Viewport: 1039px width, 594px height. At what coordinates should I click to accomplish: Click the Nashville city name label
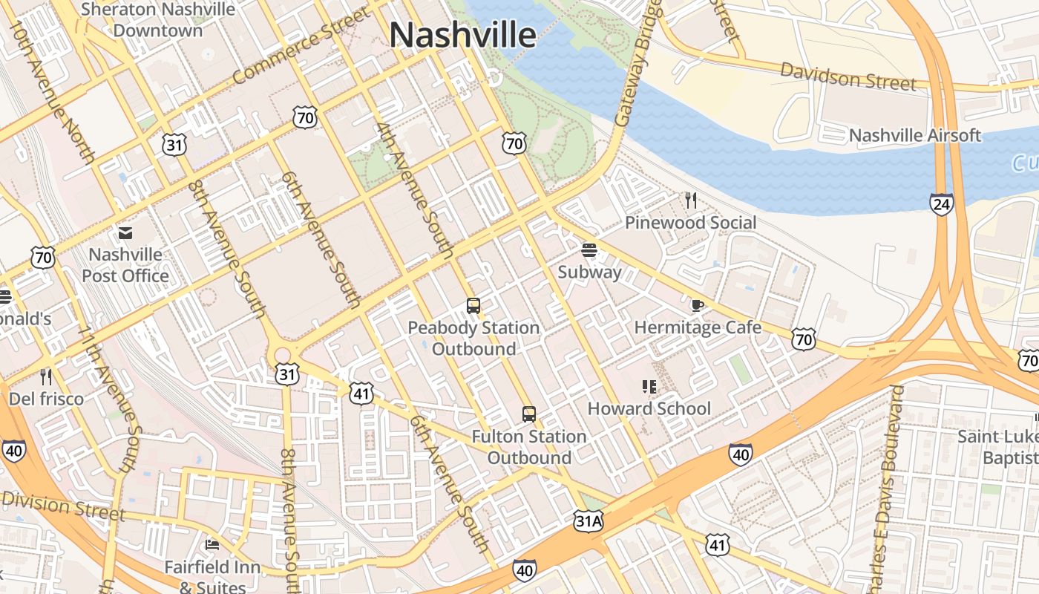462,35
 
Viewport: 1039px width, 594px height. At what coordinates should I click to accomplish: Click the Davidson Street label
848,76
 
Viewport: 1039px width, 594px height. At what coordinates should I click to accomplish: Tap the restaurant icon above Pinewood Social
691,200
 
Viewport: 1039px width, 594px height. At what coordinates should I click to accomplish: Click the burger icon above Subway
589,250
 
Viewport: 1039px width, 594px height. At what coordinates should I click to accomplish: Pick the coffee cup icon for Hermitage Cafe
697,304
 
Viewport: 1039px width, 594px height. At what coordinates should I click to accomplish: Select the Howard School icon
649,386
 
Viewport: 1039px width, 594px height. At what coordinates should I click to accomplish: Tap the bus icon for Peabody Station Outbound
473,305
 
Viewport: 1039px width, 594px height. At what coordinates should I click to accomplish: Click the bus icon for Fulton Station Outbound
528,414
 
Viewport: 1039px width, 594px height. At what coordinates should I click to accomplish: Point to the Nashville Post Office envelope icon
125,233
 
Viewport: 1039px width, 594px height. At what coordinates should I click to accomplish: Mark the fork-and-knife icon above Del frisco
46,377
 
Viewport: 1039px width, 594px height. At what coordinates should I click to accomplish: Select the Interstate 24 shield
941,204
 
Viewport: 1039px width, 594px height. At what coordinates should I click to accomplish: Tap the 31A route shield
587,521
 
